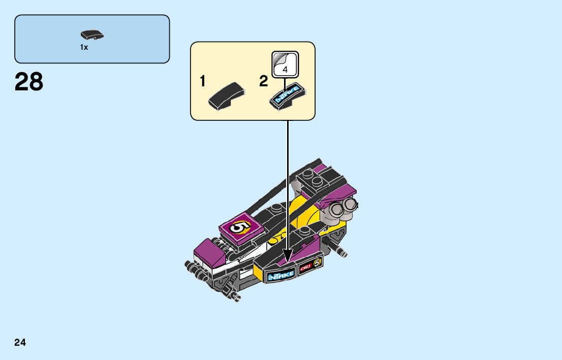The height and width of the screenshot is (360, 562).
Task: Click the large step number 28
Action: pyautogui.click(x=29, y=82)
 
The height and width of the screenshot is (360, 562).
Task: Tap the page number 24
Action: pyautogui.click(x=20, y=342)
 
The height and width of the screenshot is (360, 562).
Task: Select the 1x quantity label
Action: pyautogui.click(x=84, y=47)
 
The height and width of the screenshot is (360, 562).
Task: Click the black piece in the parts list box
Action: pyautogui.click(x=92, y=35)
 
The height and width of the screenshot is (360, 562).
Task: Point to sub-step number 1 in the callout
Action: pyautogui.click(x=203, y=81)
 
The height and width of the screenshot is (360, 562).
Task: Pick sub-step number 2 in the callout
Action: pyautogui.click(x=263, y=81)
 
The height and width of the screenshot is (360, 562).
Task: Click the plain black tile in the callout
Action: pyautogui.click(x=227, y=96)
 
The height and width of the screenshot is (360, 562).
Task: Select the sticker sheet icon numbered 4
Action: pyautogui.click(x=285, y=64)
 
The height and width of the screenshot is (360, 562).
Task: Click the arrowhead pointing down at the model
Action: pyautogui.click(x=288, y=257)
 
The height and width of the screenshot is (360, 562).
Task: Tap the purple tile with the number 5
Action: pyautogui.click(x=240, y=227)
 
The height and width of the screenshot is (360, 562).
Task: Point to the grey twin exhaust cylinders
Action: pyautogui.click(x=341, y=207)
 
